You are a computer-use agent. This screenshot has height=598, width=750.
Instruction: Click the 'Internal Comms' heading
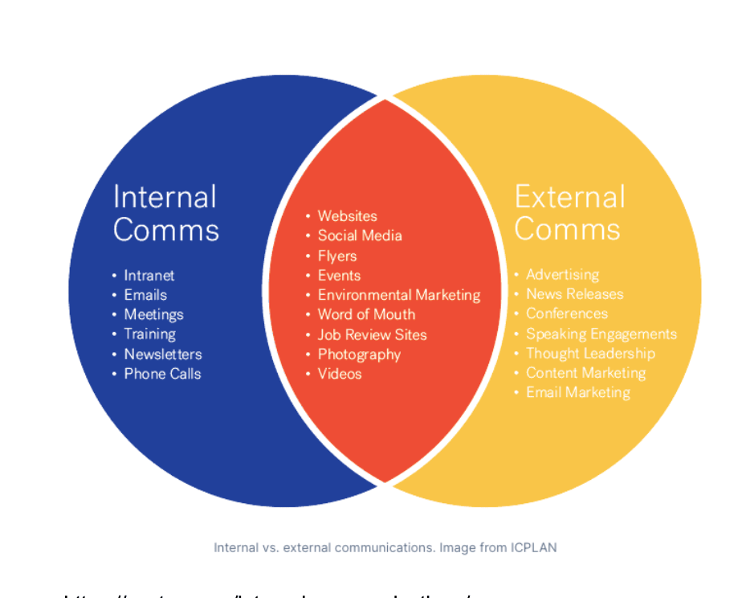[165, 213]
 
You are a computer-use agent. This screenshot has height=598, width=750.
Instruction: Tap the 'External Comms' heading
[569, 213]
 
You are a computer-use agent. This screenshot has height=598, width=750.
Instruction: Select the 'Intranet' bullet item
[149, 275]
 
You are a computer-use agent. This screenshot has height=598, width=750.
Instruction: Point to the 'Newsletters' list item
[162, 354]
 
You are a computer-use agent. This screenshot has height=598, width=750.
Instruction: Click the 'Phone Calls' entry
[162, 374]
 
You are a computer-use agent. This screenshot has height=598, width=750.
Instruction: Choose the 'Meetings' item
[153, 314]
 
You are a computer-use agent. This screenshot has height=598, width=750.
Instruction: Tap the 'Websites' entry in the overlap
[347, 215]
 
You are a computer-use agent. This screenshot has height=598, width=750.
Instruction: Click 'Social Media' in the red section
[359, 236]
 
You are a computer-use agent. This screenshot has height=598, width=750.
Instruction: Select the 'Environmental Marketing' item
[398, 295]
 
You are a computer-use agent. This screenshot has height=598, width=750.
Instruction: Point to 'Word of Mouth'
[366, 314]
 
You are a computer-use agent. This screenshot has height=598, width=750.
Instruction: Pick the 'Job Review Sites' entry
[372, 334]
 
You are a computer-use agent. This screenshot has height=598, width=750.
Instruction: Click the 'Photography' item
[358, 354]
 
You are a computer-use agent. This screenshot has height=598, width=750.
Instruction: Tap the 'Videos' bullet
[340, 374]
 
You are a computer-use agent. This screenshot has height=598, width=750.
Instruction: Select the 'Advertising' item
[562, 275]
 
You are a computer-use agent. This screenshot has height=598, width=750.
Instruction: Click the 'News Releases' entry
[574, 294]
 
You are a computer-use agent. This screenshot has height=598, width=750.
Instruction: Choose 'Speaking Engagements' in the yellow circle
[601, 334]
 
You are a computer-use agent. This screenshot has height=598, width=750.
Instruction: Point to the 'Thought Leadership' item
[590, 354]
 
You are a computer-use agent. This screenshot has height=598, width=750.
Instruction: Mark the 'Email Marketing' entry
[577, 392]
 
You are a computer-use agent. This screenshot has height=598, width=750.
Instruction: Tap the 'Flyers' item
[336, 256]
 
